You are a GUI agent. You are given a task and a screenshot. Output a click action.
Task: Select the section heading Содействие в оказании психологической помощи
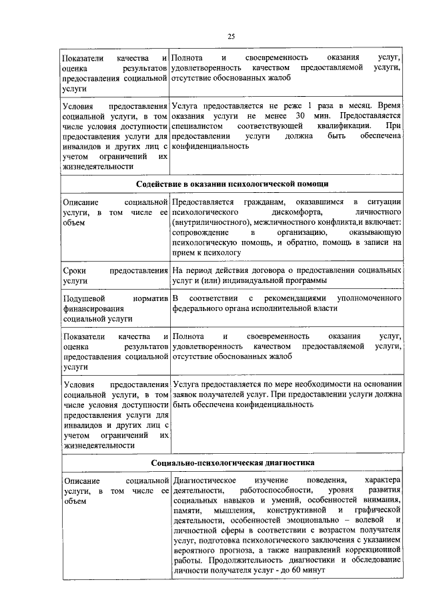pos(232,184)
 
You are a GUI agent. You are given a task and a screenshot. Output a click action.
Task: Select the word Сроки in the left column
pos(74,271)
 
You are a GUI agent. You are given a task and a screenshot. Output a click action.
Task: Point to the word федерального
pos(198,308)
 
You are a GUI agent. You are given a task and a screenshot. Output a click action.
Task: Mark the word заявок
pos(187,394)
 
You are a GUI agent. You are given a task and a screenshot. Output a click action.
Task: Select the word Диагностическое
pos(204,480)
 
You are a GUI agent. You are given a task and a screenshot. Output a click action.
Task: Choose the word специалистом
pos(196,125)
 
